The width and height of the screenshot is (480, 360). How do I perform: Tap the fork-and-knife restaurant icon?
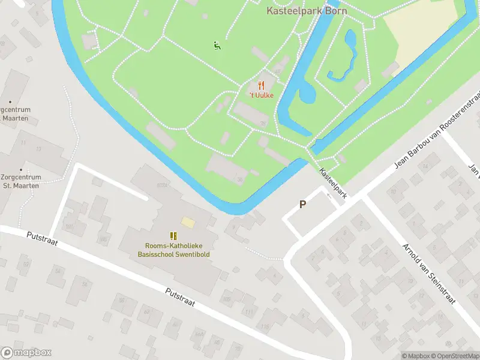(x=261, y=86)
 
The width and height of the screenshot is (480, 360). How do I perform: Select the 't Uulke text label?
(x=261, y=95)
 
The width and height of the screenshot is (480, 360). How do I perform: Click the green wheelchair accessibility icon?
(x=217, y=44)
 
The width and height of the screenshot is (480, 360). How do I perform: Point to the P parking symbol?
(x=303, y=205)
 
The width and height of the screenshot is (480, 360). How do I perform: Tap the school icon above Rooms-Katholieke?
(x=173, y=236)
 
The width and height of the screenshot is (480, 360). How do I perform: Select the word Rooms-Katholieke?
(x=173, y=245)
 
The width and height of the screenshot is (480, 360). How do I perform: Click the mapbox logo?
(x=26, y=353)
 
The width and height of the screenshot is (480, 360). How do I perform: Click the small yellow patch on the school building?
(x=188, y=223)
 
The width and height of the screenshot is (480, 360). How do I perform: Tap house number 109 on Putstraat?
(x=226, y=298)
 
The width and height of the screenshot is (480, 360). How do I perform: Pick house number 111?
(x=248, y=311)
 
